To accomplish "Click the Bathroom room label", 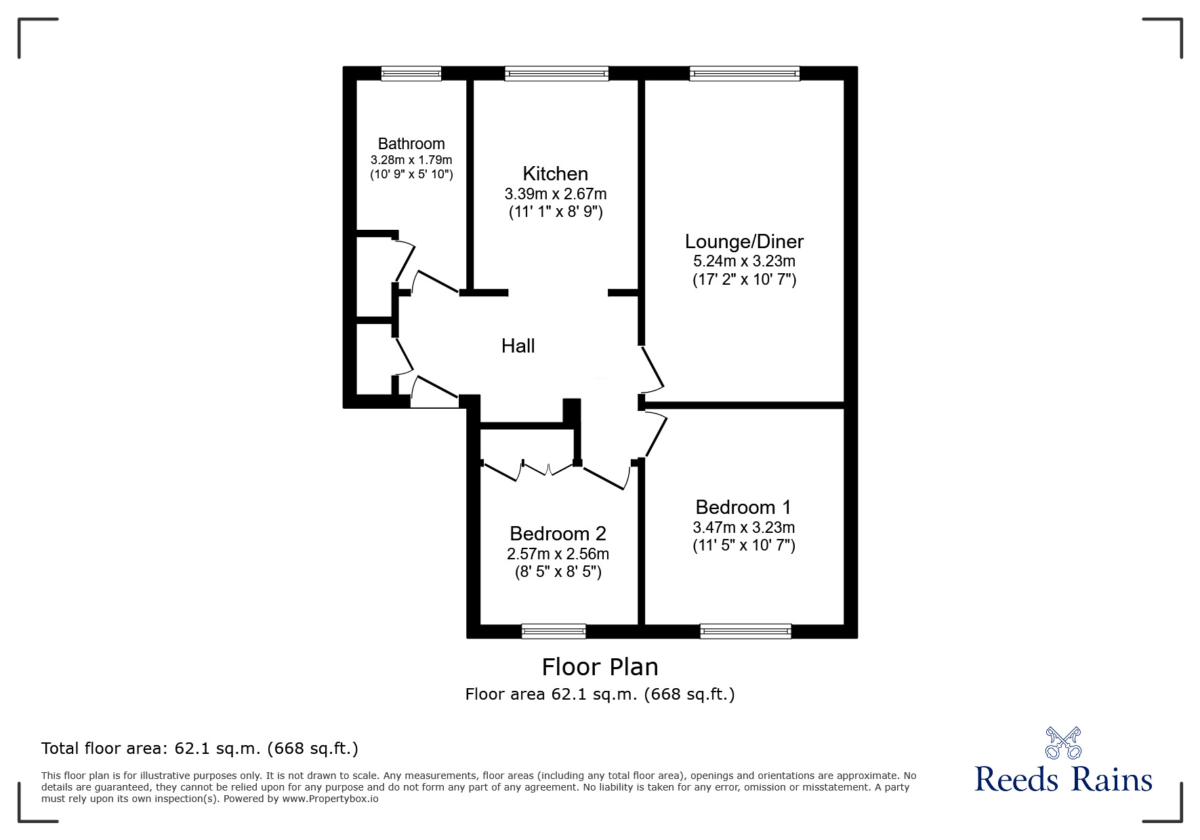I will click(x=411, y=144).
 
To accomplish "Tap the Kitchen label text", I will click(x=555, y=174).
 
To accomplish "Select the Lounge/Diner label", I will click(x=744, y=241).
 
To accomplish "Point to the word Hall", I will click(x=518, y=346).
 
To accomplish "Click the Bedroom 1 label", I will click(x=743, y=507).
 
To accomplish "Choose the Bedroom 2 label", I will click(x=558, y=534).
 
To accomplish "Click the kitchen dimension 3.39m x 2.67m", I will click(x=555, y=194).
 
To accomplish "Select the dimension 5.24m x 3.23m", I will click(x=744, y=261).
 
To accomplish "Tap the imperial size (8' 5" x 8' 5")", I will click(x=558, y=572).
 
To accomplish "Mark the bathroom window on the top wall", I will click(x=411, y=73).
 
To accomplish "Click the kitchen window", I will click(x=556, y=73).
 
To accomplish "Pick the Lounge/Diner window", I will click(x=744, y=73).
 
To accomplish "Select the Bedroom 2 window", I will click(x=554, y=631).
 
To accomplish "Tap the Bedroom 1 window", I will click(x=745, y=631).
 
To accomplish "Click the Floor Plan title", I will click(x=600, y=667).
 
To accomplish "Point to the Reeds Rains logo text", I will click(x=1063, y=780).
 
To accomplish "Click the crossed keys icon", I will click(x=1063, y=742).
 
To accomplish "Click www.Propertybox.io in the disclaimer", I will click(x=330, y=799).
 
